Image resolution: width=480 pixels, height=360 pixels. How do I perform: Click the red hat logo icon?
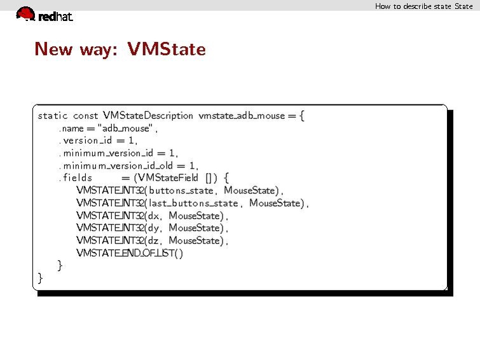[25, 13]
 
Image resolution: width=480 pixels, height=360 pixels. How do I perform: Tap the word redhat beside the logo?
[56, 17]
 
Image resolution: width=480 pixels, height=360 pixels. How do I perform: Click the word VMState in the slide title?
[167, 49]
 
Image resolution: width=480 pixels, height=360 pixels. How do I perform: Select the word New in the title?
[53, 49]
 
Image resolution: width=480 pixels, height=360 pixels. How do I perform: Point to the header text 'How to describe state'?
[413, 6]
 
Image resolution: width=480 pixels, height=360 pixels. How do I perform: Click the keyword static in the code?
[53, 116]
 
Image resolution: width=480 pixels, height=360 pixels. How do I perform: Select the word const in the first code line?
[86, 116]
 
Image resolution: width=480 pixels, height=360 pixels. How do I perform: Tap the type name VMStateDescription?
[148, 116]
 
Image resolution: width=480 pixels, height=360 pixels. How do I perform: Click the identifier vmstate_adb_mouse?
[242, 116]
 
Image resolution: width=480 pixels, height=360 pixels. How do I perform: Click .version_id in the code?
[86, 141]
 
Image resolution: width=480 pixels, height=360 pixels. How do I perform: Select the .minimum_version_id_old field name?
[116, 166]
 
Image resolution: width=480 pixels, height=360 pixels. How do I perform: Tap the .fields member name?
[76, 177]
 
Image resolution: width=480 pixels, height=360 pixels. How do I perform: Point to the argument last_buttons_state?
[193, 204]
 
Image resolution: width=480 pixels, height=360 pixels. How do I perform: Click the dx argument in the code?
[153, 216]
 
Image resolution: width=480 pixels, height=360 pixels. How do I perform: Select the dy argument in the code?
[153, 228]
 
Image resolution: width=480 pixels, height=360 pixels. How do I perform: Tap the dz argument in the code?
[153, 241]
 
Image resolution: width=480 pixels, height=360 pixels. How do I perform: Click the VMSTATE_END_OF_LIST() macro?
[130, 253]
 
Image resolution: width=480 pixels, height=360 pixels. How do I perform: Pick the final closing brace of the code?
[40, 278]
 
